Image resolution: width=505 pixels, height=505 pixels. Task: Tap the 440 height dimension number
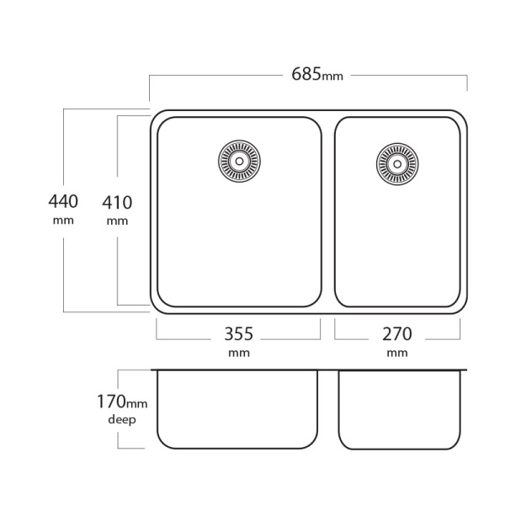click(x=63, y=202)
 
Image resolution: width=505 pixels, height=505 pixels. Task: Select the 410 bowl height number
click(x=117, y=202)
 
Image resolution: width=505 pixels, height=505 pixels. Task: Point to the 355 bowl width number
click(x=238, y=332)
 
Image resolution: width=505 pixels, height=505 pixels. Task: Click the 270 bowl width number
click(x=397, y=332)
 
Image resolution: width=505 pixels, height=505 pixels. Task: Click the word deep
click(x=122, y=418)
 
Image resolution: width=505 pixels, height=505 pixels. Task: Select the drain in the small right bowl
click(x=394, y=162)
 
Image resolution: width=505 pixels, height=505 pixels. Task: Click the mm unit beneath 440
click(x=63, y=221)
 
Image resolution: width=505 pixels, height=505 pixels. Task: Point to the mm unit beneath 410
click(x=117, y=221)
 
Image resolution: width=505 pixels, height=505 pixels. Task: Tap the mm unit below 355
click(x=239, y=353)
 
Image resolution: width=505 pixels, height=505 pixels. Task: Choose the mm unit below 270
click(x=397, y=353)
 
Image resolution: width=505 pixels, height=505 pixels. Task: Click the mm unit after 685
click(x=333, y=77)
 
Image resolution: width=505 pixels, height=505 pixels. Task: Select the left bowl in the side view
click(x=238, y=409)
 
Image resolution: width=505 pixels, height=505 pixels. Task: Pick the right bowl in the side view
click(x=401, y=409)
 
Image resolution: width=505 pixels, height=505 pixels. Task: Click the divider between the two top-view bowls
click(x=328, y=210)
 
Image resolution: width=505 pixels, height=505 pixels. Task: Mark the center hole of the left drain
click(x=240, y=159)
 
